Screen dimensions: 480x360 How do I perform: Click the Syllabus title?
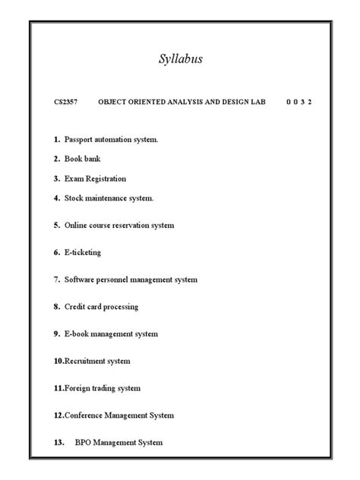click(180, 60)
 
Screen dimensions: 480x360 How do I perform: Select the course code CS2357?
click(66, 102)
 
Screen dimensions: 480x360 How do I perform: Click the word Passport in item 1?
click(81, 140)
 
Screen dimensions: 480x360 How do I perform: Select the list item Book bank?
click(82, 159)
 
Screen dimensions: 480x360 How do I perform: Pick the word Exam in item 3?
click(74, 179)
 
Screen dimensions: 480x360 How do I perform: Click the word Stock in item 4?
click(76, 198)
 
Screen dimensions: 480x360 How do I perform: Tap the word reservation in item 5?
click(133, 226)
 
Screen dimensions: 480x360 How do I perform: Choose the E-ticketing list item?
click(82, 252)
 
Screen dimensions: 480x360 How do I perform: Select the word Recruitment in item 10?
click(87, 361)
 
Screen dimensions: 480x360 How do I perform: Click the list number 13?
click(58, 443)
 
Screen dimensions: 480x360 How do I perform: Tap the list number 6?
click(56, 252)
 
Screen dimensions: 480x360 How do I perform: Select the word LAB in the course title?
click(258, 102)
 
